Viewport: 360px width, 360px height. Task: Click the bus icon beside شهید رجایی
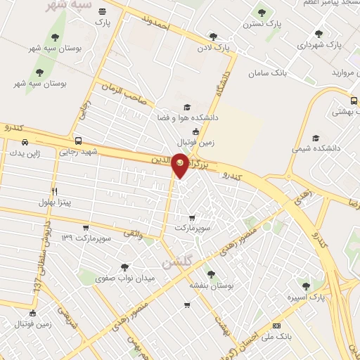77,140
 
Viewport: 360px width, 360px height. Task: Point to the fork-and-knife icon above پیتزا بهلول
54,191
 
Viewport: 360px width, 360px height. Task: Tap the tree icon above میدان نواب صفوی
124,266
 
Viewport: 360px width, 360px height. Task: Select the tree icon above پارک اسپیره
304,285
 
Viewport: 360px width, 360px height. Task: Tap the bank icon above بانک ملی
276,326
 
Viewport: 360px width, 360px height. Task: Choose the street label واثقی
133,229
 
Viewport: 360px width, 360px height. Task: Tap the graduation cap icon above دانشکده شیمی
315,138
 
